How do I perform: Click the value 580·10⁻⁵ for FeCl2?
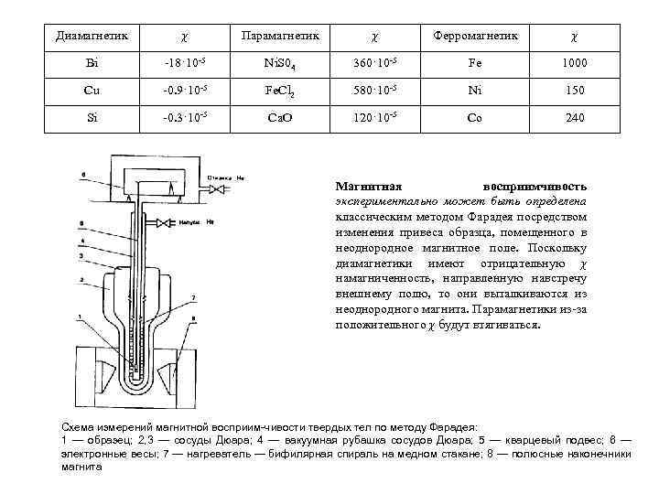pyautogui.click(x=376, y=91)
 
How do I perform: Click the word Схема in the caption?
pyautogui.click(x=77, y=427)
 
